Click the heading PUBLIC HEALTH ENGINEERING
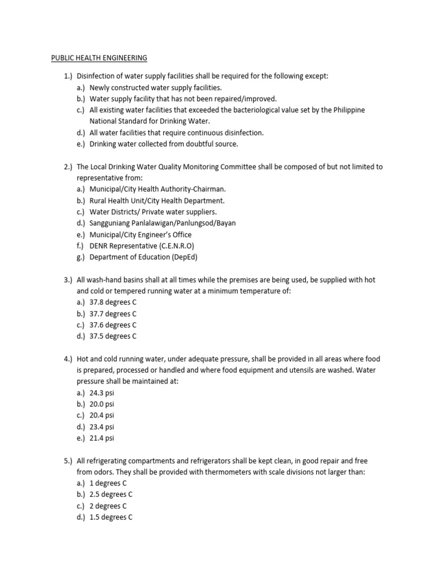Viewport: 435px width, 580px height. tap(99, 58)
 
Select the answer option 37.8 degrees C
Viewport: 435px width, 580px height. tap(113, 302)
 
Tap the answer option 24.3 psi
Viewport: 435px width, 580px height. tap(102, 393)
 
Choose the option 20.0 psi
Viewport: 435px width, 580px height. tap(102, 404)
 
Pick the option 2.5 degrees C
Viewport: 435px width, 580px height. tap(110, 494)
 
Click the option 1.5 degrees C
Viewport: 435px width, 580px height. tap(110, 517)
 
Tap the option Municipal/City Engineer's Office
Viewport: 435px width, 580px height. tap(140, 234)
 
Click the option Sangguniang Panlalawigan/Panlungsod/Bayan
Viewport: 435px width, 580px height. tap(163, 223)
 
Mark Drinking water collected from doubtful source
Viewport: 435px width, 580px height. tap(164, 144)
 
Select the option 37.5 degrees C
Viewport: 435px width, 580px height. tap(113, 336)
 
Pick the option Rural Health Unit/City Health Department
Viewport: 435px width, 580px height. tap(157, 201)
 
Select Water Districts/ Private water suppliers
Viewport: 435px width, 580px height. tap(153, 212)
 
